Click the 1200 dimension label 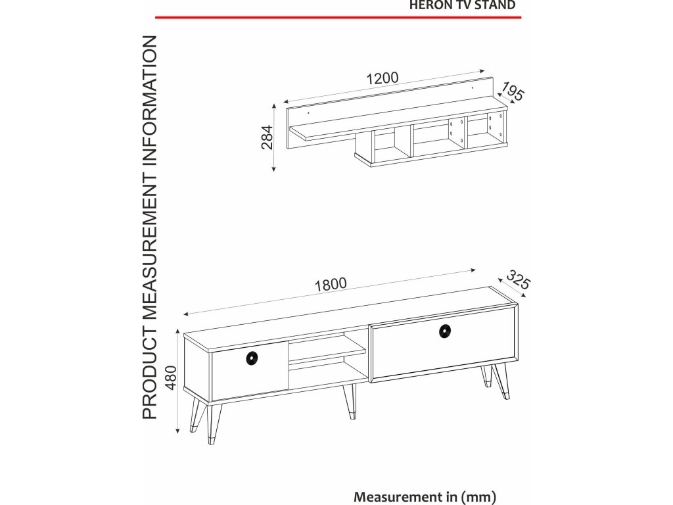point(382,78)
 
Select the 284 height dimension point(267,137)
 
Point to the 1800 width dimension point(331,284)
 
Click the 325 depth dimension point(518,279)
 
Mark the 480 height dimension point(171,377)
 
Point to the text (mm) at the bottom point(478,497)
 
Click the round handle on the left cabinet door point(252,358)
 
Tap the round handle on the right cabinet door point(445,331)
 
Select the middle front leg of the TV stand point(350,400)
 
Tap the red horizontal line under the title point(338,18)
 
